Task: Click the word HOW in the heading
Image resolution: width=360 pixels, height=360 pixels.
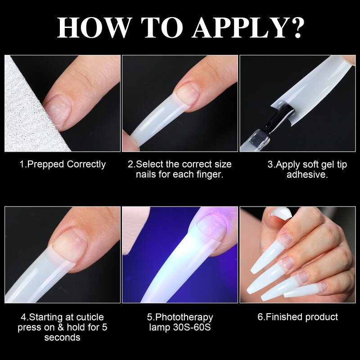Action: coord(93,27)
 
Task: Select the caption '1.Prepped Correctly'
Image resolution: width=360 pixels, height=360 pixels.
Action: coord(62,164)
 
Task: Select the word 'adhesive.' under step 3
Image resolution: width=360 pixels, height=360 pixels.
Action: coord(307,174)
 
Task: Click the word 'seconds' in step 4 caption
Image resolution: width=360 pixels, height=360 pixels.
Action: coord(62,337)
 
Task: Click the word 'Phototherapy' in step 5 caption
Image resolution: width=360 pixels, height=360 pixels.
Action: coord(184,318)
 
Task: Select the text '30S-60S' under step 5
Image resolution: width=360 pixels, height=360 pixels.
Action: coord(194,328)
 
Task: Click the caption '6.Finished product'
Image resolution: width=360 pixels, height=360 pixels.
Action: coord(297,317)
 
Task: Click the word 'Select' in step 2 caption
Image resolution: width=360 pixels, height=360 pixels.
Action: coord(150,164)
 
